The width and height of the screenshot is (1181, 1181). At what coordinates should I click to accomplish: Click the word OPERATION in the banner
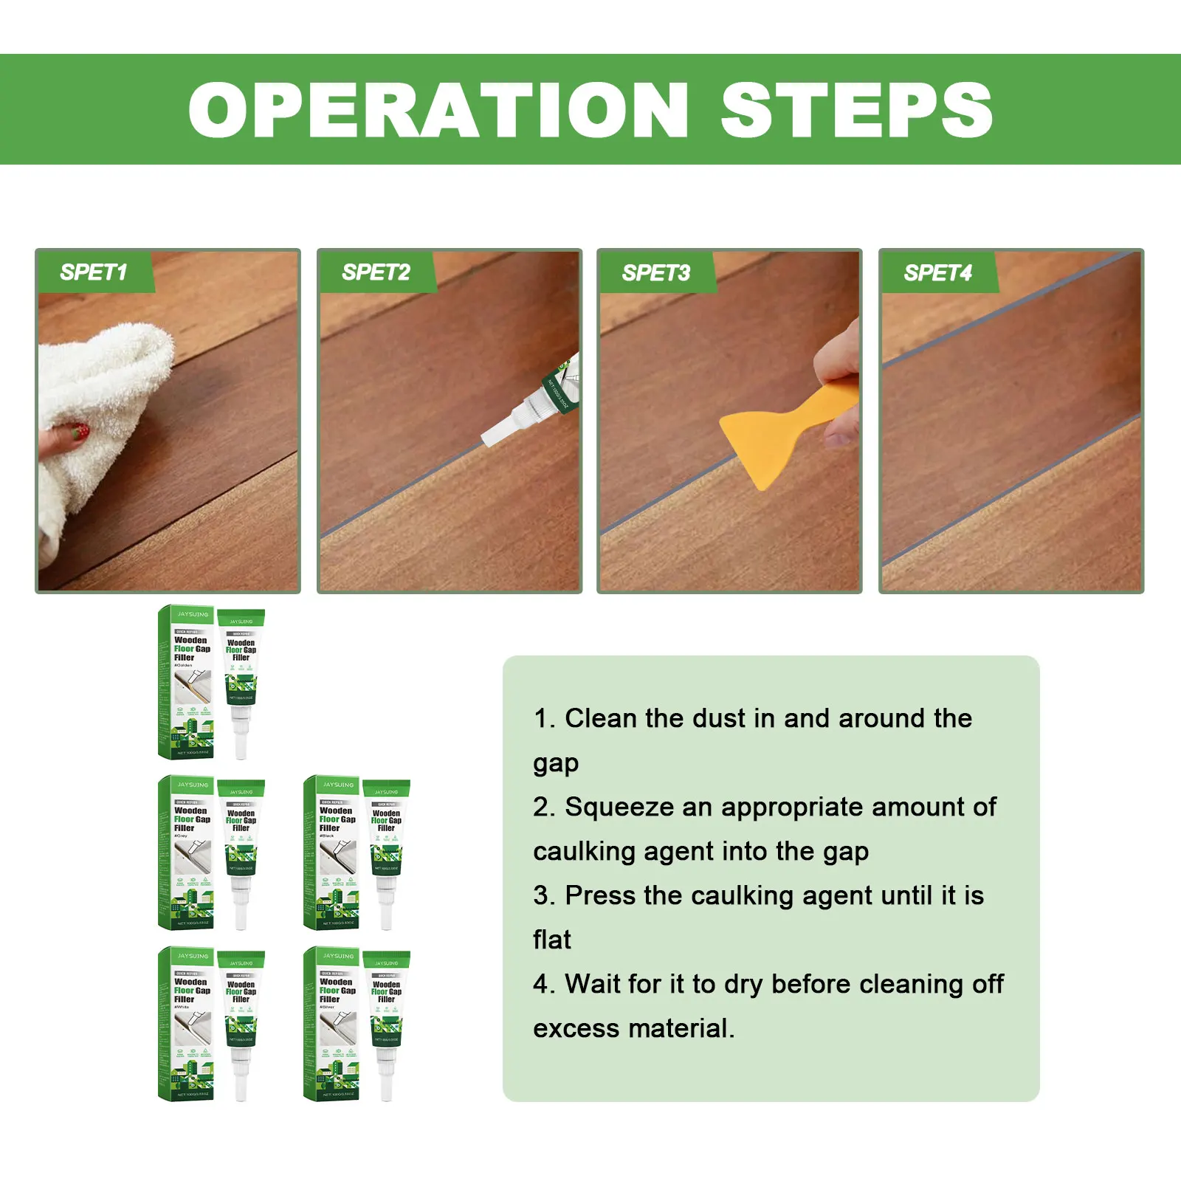click(438, 110)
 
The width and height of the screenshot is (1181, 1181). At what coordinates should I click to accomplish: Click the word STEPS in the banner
click(856, 110)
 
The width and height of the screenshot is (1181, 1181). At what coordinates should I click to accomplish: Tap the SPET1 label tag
click(94, 272)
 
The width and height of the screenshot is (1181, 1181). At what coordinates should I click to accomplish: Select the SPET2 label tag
click(376, 272)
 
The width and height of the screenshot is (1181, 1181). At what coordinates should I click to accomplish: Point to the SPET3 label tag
click(655, 273)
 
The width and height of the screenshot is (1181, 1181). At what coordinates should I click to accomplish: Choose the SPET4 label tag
click(937, 273)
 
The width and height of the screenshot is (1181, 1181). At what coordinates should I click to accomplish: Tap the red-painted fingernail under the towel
click(81, 432)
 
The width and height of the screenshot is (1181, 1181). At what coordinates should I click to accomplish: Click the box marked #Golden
click(186, 683)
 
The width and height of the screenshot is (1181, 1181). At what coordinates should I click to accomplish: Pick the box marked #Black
click(331, 853)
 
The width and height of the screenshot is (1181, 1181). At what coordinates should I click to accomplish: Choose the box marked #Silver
click(331, 1024)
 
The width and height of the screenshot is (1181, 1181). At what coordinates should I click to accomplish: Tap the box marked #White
click(186, 1024)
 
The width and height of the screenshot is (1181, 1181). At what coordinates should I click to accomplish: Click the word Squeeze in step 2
click(619, 808)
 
